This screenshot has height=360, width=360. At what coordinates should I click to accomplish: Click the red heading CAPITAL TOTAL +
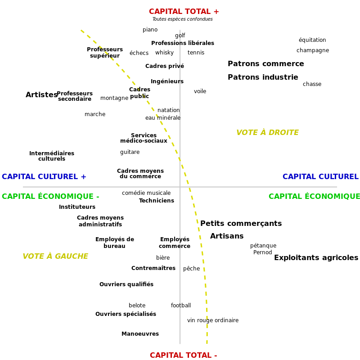coord(184,12)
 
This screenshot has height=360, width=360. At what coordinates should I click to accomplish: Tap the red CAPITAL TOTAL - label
coord(184,355)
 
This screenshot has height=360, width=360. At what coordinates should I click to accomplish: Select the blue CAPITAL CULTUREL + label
coord(44,176)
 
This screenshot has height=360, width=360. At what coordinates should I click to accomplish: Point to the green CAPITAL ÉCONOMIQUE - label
coord(50,196)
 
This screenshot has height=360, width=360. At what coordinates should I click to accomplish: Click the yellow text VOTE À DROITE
coord(267,132)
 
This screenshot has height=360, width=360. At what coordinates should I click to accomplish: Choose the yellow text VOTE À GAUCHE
coord(55,256)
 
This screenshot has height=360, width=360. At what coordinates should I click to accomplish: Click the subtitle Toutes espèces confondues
coord(183,19)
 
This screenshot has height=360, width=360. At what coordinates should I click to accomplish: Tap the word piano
coord(150,30)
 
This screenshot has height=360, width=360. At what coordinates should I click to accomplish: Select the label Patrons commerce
coord(266,63)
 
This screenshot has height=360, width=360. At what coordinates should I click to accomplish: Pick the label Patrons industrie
coord(263,77)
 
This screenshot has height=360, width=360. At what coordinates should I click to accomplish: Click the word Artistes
coord(41,94)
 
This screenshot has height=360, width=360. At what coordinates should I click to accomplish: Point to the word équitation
coord(312,40)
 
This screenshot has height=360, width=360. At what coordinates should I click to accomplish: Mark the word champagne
coord(313,50)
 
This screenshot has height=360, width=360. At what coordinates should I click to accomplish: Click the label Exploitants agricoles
coord(316,257)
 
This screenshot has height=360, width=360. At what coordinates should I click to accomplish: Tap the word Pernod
coord(263,252)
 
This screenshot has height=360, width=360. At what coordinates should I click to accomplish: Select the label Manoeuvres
coord(140,334)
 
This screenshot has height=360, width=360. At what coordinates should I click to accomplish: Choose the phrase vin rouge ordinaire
coord(213,320)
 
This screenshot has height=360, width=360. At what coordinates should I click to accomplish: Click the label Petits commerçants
coord(241,223)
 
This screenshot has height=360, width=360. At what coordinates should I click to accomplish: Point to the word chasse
coord(312,84)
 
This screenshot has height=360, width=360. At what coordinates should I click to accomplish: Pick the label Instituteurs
coord(77,207)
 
